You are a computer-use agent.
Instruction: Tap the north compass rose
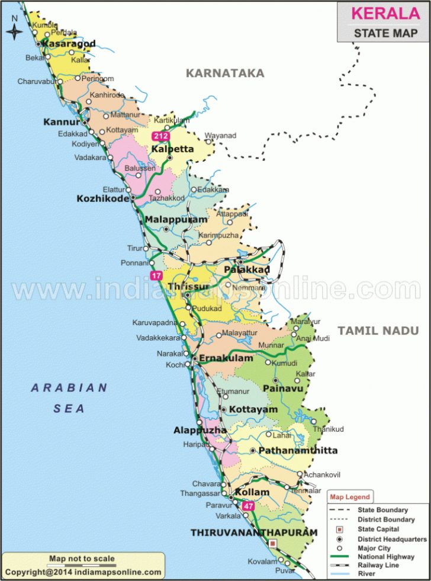(14, 30)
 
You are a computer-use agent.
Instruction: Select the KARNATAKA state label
(224, 73)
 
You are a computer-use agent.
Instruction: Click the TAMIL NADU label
(378, 331)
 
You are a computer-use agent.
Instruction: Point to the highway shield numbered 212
(160, 136)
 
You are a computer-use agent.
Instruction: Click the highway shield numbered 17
(156, 275)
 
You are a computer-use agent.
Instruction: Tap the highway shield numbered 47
(248, 506)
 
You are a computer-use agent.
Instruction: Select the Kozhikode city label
(102, 199)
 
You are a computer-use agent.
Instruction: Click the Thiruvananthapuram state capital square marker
(272, 543)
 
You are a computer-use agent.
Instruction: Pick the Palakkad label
(247, 270)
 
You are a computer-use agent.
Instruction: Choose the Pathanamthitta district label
(299, 451)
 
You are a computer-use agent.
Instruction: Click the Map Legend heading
(350, 497)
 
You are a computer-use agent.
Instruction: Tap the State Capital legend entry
(378, 529)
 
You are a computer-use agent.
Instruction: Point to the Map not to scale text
(82, 558)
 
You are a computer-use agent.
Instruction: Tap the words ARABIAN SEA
(69, 398)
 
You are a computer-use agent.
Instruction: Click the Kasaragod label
(69, 44)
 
